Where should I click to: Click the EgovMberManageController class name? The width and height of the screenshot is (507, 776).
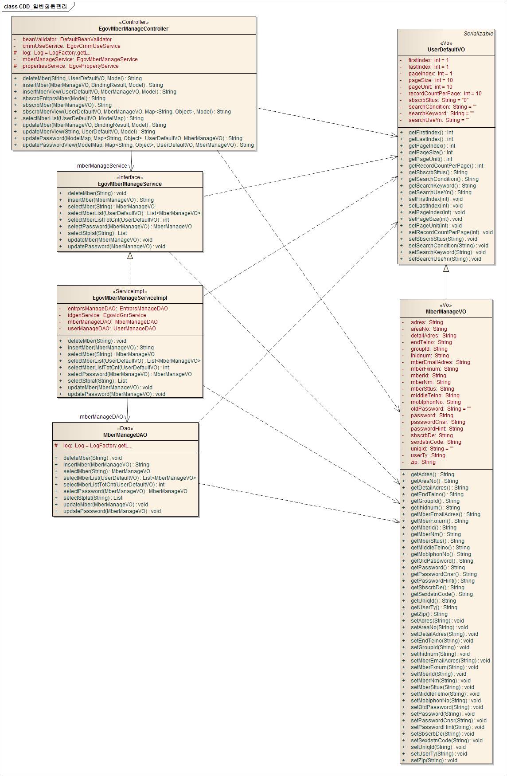click(133, 29)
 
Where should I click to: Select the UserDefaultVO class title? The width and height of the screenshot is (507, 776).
click(446, 50)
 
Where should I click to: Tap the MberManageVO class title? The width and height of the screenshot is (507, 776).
click(446, 311)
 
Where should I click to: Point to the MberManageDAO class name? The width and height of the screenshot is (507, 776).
click(125, 435)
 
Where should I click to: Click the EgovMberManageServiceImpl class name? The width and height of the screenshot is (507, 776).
click(130, 298)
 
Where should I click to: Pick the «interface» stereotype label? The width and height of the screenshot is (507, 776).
click(129, 177)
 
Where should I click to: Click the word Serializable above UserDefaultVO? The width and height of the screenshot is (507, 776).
click(478, 34)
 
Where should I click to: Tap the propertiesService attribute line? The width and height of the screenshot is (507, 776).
click(70, 66)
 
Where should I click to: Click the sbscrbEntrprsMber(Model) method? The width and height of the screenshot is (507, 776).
click(64, 98)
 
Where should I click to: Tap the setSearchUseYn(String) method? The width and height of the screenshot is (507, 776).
click(445, 259)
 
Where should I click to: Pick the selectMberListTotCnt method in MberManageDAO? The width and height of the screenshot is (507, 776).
click(113, 485)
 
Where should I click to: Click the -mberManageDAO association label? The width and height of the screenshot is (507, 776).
click(101, 417)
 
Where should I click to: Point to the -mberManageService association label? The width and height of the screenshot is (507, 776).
click(101, 166)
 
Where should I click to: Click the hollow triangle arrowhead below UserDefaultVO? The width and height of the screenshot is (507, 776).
click(446, 268)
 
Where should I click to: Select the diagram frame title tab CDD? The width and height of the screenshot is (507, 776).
click(35, 7)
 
